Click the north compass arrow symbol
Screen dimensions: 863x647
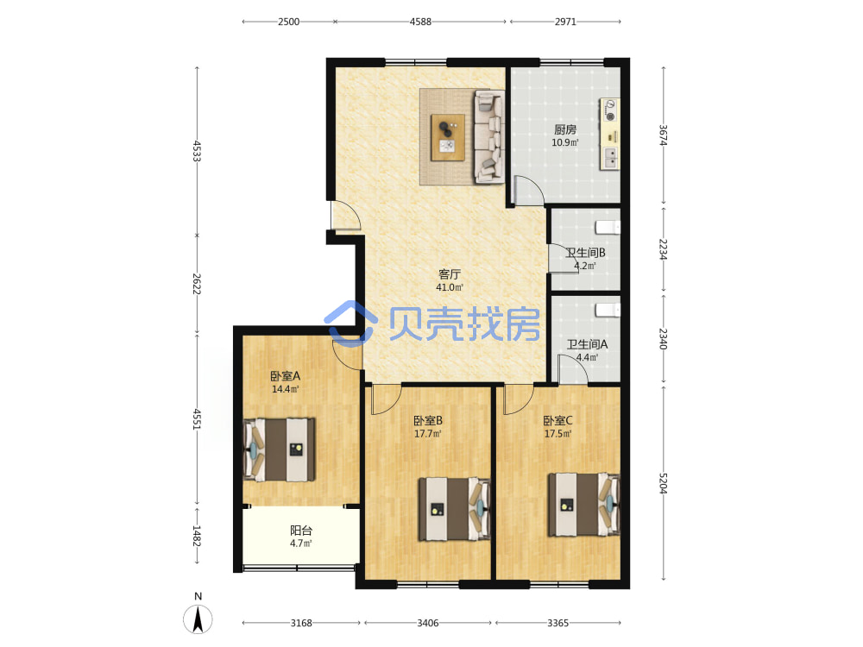click(198, 619)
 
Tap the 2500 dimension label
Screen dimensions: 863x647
click(288, 22)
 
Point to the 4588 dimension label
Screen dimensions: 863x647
click(420, 22)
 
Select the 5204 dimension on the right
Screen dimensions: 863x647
click(663, 483)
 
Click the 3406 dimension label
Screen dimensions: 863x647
click(428, 623)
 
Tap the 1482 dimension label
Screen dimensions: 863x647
click(197, 536)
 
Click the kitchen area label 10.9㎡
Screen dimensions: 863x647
click(564, 142)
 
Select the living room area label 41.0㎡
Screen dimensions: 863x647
click(450, 287)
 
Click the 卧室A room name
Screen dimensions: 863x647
click(285, 376)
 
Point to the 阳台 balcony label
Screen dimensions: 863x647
click(301, 531)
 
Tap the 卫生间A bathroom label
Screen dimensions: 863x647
click(587, 344)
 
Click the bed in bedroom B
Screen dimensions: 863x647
click(455, 509)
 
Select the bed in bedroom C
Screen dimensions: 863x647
click(584, 505)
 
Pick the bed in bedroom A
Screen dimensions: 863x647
click(280, 449)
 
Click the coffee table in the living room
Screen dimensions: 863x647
click(447, 137)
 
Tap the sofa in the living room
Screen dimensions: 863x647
click(489, 136)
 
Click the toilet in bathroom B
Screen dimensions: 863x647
click(608, 227)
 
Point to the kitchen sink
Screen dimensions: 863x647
click(610, 157)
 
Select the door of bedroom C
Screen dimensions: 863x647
click(519, 399)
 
